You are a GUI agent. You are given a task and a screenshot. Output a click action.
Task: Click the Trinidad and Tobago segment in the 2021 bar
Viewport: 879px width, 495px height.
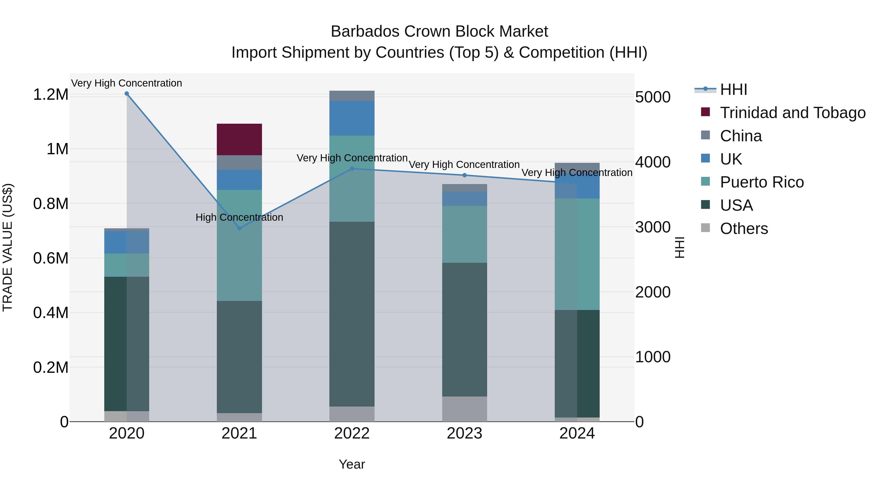(239, 139)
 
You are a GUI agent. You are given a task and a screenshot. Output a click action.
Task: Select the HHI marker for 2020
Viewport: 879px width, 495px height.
(126, 94)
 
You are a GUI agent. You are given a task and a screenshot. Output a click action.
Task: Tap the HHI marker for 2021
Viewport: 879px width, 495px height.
(239, 228)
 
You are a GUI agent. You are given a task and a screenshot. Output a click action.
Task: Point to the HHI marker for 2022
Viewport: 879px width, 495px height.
(352, 168)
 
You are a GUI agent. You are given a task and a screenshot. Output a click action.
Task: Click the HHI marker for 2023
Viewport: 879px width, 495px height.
(464, 175)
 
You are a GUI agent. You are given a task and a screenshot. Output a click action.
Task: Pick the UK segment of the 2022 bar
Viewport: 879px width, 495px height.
(352, 118)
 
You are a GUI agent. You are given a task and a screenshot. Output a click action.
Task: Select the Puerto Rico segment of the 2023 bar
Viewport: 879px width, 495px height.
(464, 234)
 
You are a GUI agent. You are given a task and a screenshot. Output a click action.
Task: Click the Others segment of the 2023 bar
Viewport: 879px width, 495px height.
(464, 409)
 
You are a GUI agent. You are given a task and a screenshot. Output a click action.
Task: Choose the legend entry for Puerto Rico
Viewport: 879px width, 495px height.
(761, 182)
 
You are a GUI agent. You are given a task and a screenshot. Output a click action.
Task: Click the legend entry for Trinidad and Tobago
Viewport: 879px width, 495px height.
(792, 113)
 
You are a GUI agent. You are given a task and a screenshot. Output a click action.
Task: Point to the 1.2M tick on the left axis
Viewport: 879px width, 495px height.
(51, 95)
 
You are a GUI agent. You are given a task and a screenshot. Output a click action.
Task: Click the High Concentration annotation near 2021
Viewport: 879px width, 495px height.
(239, 217)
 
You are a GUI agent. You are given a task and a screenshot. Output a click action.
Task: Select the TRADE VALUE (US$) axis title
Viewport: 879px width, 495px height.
(8, 247)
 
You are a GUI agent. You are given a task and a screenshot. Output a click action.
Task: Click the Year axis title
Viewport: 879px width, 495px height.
(352, 464)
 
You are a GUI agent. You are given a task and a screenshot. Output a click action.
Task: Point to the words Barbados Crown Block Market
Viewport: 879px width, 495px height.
(439, 32)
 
